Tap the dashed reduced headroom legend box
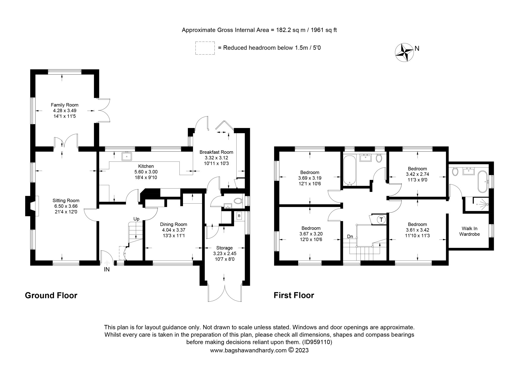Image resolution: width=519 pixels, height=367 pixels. pos(205,48)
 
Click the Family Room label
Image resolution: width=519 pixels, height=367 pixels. pos(64,105)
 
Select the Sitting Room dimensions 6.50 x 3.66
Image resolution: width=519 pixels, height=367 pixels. pos(66,206)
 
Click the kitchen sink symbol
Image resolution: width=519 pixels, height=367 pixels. pos(127,156)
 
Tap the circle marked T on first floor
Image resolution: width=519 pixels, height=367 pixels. pos(381,220)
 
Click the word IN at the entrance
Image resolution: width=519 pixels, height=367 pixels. pos(107,270)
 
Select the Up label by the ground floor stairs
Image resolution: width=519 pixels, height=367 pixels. pos(136,219)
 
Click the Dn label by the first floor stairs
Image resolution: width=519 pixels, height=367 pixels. pos(350,237)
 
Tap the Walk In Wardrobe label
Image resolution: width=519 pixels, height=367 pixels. pos(469,231)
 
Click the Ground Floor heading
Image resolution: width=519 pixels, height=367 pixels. pos(51,295)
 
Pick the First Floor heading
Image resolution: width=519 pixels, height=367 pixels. pos(294,295)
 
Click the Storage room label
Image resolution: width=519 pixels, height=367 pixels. pos(224,248)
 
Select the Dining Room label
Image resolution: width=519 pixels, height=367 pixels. pos(173,224)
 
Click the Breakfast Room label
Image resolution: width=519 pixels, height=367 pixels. pos(216,152)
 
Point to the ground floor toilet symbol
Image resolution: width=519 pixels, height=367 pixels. pos(237,201)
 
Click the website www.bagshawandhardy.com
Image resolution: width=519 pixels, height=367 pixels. pos(248,358)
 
